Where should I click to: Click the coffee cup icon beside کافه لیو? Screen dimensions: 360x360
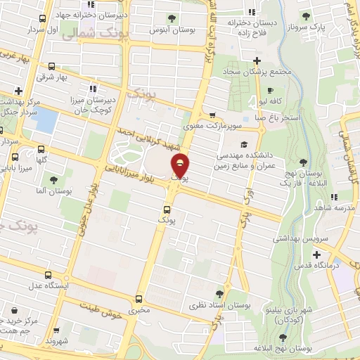[271, 91]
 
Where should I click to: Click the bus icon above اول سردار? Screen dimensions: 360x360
[43, 19]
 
